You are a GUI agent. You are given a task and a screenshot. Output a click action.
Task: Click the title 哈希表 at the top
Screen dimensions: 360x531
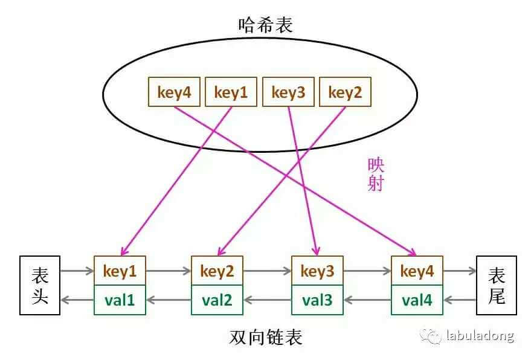(x=266, y=25)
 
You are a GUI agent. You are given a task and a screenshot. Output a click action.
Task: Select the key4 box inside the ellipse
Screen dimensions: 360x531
(x=174, y=92)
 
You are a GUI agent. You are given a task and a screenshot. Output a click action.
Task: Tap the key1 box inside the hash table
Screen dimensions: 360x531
(x=231, y=92)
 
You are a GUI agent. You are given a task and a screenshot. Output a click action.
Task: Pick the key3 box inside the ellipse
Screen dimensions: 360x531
(x=288, y=92)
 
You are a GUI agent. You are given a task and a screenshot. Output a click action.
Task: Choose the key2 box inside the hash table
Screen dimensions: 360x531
(x=345, y=92)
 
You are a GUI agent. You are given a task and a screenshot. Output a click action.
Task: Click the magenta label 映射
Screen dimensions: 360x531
(x=376, y=175)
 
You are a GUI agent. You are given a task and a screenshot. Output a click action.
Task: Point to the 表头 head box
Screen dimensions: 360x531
(x=40, y=285)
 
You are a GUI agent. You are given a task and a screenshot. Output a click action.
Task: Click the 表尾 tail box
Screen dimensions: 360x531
(x=497, y=285)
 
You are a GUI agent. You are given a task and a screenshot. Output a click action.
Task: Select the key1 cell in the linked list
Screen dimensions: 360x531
(x=120, y=271)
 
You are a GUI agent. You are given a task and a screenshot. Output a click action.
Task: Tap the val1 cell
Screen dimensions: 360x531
(x=120, y=300)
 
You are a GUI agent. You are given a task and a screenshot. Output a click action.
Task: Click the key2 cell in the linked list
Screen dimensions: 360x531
(x=217, y=271)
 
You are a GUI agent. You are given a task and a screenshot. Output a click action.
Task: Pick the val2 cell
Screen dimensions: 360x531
(x=217, y=300)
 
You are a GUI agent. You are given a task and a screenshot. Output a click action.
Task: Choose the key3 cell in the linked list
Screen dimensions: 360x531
(x=317, y=271)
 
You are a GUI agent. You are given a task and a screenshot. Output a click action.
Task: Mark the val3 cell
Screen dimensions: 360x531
(x=317, y=300)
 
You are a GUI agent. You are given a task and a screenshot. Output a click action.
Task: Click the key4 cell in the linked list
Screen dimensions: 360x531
(x=417, y=271)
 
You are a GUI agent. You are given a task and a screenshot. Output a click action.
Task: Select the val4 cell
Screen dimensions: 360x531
(x=417, y=300)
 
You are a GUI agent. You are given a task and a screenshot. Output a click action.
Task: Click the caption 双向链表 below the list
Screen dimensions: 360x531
(x=266, y=336)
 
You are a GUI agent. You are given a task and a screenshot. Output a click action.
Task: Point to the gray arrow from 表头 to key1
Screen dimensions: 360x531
(x=77, y=272)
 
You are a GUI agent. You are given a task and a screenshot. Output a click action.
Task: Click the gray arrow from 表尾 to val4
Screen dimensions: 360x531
(x=460, y=299)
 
